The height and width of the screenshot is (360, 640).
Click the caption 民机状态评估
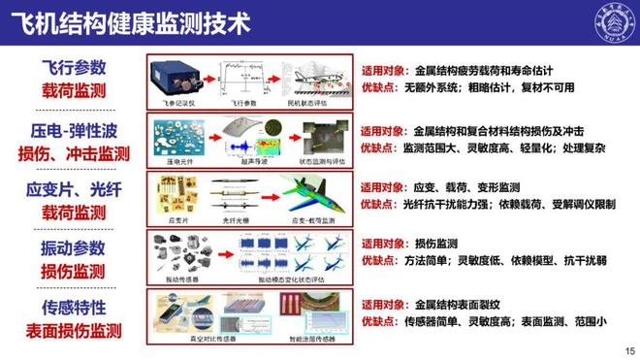point(310,101)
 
